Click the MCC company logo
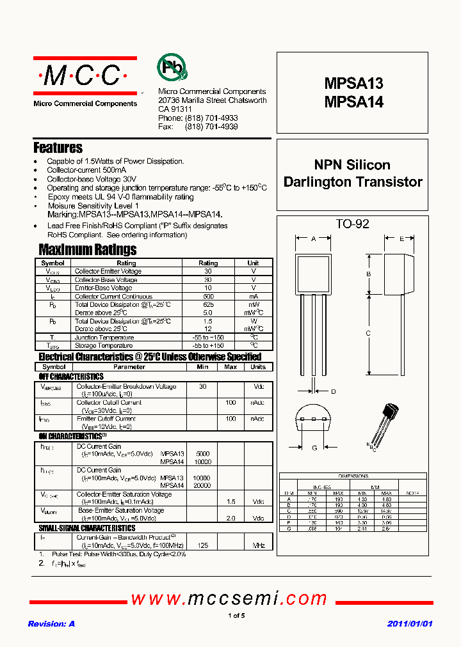[85, 77]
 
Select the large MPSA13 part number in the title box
[353, 84]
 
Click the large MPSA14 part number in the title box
[353, 102]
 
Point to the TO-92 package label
[352, 224]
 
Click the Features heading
[58, 148]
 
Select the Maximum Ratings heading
[87, 249]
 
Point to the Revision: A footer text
[51, 623]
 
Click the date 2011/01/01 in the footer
[410, 623]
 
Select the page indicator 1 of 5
[236, 616]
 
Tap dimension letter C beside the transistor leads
[368, 332]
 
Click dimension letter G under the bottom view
[314, 448]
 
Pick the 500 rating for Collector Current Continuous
[208, 297]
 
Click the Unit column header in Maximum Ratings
[253, 263]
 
